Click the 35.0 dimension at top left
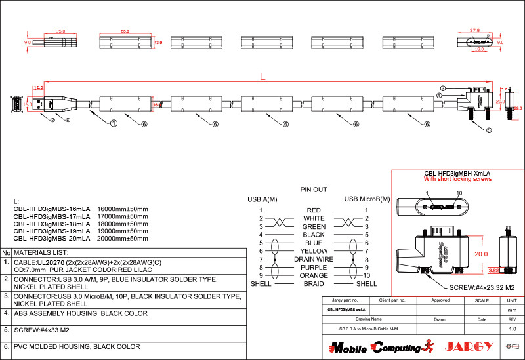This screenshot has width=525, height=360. (60, 31)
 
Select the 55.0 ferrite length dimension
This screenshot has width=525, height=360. (125, 31)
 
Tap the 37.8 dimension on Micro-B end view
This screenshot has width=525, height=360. (475, 30)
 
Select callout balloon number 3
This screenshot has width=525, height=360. (444, 89)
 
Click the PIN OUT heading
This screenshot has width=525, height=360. (313, 190)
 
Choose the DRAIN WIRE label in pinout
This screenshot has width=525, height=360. (314, 260)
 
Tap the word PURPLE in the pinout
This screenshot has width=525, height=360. (314, 268)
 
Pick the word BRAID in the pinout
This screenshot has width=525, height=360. (314, 284)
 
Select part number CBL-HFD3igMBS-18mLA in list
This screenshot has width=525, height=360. (52, 224)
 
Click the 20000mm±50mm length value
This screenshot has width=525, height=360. (123, 239)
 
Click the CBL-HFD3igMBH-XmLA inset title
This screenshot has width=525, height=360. (457, 173)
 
